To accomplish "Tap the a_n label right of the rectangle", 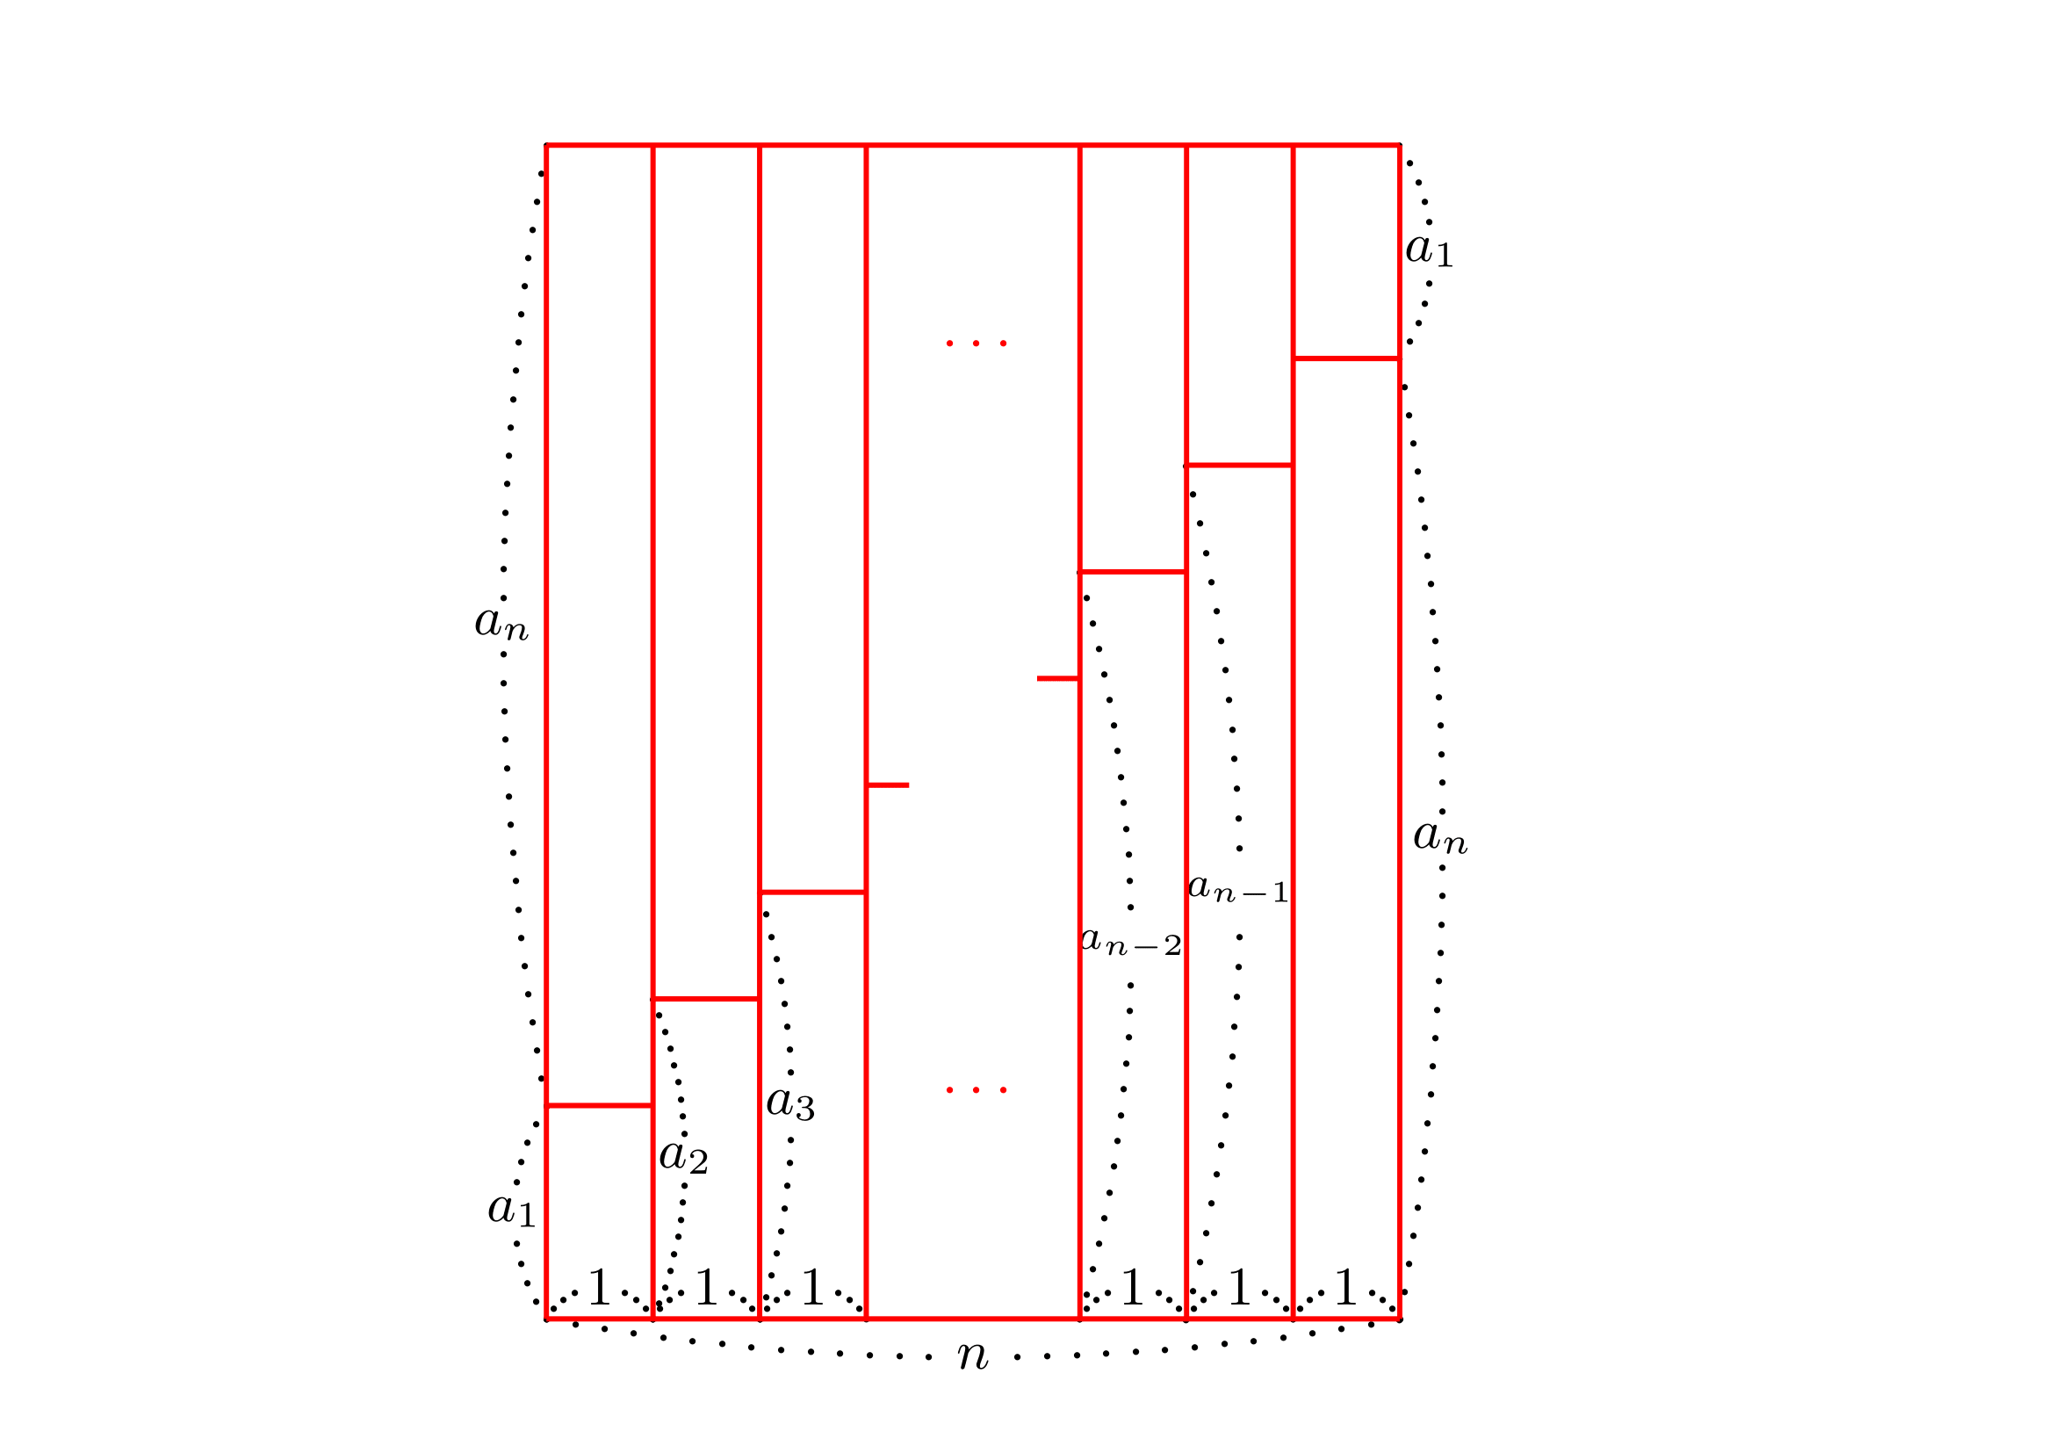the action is pyautogui.click(x=1440, y=836).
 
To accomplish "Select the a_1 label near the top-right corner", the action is pyautogui.click(x=1429, y=249).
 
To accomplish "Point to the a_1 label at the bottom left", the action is pyautogui.click(x=511, y=1210).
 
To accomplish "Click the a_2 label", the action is pyautogui.click(x=683, y=1156).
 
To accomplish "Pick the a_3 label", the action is pyautogui.click(x=790, y=1103).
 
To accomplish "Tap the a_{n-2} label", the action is pyautogui.click(x=1131, y=941).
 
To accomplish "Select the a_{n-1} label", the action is pyautogui.click(x=1238, y=888).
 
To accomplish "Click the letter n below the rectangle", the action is pyautogui.click(x=972, y=1355).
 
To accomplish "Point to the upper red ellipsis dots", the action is pyautogui.click(x=976, y=343).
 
